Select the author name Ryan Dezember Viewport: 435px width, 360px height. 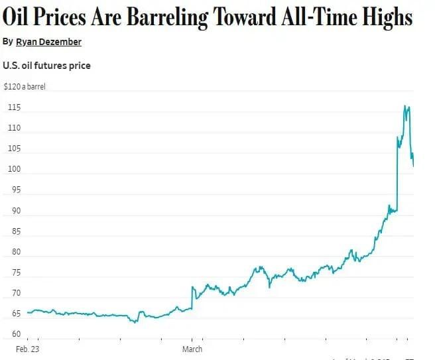tap(49, 42)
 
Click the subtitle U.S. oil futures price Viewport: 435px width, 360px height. tap(46, 66)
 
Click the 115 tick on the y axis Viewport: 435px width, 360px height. tap(14, 107)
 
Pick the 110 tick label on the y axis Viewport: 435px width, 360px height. tap(14, 127)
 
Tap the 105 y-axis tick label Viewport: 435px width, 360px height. tap(14, 149)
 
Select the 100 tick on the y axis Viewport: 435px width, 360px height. tap(14, 169)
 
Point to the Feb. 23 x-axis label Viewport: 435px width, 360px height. tap(27, 349)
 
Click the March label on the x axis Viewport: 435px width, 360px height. tap(192, 349)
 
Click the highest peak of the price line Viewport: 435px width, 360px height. tap(405, 105)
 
